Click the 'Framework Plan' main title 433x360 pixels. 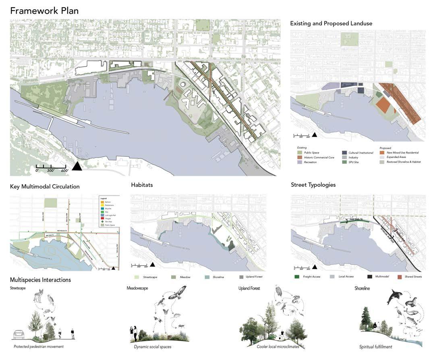(x=44, y=10)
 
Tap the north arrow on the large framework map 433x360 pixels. (x=77, y=165)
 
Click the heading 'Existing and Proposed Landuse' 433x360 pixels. (x=331, y=23)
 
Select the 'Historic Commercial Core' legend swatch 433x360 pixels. (x=299, y=157)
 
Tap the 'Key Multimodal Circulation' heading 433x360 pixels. (x=45, y=187)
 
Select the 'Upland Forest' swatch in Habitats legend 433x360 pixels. (x=241, y=277)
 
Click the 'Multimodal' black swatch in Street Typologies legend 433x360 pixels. (x=369, y=277)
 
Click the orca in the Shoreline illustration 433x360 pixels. (x=393, y=298)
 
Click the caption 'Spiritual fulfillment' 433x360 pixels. (x=375, y=346)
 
